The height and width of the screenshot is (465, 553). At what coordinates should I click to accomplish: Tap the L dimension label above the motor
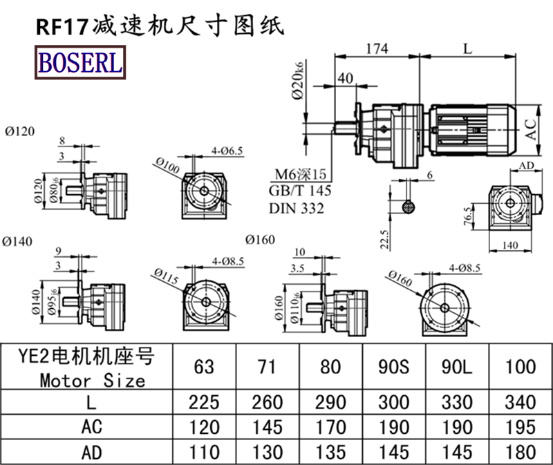tap(468, 48)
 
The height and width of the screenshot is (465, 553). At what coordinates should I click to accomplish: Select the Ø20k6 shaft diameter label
tap(298, 82)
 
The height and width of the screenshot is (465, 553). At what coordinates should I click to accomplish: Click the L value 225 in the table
tap(204, 402)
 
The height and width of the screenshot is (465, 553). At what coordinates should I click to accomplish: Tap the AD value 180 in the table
tap(521, 452)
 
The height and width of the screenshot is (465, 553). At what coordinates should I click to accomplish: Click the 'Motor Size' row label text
tap(93, 380)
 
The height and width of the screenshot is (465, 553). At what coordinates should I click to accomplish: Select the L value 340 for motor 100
tap(521, 402)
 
